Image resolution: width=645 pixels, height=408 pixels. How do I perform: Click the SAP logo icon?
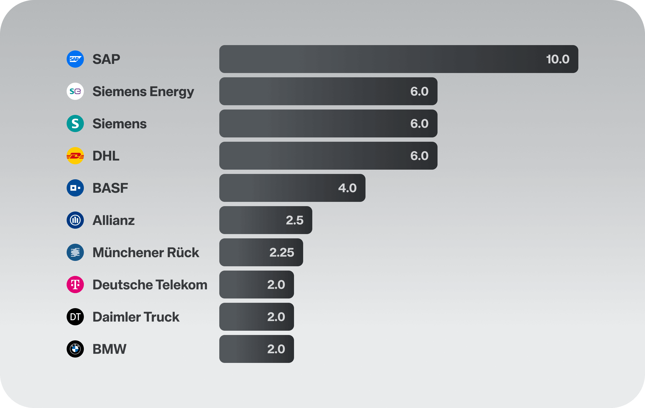(75, 59)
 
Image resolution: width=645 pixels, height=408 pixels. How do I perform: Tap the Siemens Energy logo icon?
(75, 91)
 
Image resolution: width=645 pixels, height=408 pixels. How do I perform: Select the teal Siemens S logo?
(75, 123)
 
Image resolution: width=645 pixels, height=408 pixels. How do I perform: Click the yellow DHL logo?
(75, 156)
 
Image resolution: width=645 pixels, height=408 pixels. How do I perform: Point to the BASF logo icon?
(75, 188)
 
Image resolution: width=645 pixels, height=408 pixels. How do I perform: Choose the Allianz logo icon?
(75, 220)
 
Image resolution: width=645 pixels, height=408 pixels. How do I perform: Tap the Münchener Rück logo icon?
(75, 252)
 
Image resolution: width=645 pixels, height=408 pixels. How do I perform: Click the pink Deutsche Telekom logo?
(75, 285)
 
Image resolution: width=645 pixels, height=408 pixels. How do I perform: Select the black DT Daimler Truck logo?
(75, 317)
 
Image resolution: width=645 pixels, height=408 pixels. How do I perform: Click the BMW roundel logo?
(75, 349)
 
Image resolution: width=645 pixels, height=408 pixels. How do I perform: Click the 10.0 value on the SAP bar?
(558, 59)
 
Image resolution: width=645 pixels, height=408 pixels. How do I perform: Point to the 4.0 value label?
(347, 188)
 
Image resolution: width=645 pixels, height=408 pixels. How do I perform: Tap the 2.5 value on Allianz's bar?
(295, 220)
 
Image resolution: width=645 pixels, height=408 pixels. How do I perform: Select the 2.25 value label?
(282, 253)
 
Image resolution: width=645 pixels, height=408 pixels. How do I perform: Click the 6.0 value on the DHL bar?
(419, 156)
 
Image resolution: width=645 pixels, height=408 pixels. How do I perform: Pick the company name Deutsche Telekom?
(150, 285)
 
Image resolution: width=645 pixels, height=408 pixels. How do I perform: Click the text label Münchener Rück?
(146, 253)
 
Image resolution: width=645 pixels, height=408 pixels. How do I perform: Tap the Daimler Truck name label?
(136, 317)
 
